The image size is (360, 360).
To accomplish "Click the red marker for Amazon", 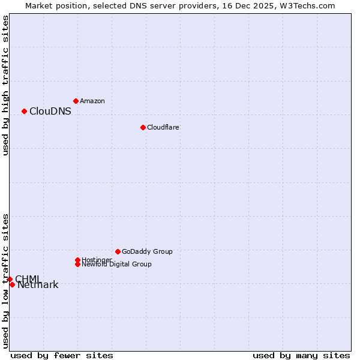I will pyautogui.click(x=76, y=101).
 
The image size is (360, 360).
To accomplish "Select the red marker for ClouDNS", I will pyautogui.click(x=24, y=111).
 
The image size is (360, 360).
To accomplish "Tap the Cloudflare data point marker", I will pyautogui.click(x=143, y=127).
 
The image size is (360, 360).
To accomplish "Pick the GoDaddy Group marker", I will pyautogui.click(x=118, y=251).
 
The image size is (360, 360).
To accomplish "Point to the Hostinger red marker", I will pyautogui.click(x=77, y=260).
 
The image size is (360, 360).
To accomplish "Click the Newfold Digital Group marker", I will pyautogui.click(x=77, y=264).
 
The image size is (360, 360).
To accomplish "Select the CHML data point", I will pyautogui.click(x=10, y=279).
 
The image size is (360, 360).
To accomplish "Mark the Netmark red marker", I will pyautogui.click(x=12, y=284).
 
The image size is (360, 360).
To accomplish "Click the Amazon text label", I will pyautogui.click(x=92, y=101).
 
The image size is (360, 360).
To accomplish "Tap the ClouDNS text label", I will pyautogui.click(x=50, y=111).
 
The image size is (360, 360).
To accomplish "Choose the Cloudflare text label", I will pyautogui.click(x=163, y=127).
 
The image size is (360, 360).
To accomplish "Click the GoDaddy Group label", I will pyautogui.click(x=147, y=251).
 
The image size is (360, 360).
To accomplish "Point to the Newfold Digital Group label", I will pyautogui.click(x=117, y=264).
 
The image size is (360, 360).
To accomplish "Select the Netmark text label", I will pyautogui.click(x=38, y=285).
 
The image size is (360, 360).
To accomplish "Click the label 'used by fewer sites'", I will pyautogui.click(x=62, y=355).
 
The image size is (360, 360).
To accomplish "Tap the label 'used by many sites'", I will pyautogui.click(x=301, y=355).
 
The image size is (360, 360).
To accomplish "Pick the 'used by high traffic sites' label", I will pyautogui.click(x=6, y=85).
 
